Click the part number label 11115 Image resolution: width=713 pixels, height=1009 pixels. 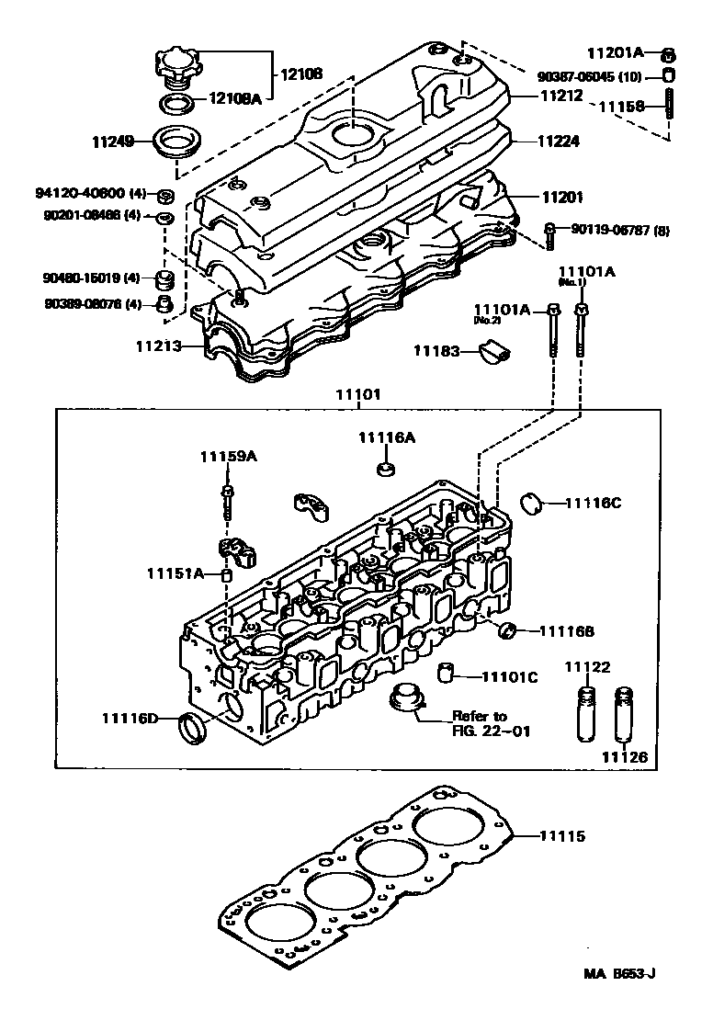click(x=561, y=837)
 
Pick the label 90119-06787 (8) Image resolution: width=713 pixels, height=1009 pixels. click(x=615, y=230)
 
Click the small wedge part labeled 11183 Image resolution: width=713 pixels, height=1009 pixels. click(x=494, y=350)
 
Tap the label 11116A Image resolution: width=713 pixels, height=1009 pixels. click(x=387, y=438)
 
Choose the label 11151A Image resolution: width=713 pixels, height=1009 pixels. click(x=174, y=573)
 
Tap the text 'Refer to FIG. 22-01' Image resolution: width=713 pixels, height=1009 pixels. click(x=479, y=723)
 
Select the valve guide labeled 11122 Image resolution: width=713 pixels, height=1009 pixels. click(x=584, y=713)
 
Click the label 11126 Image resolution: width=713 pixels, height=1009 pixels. click(x=625, y=757)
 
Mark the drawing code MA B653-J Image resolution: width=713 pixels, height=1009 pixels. click(x=623, y=973)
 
